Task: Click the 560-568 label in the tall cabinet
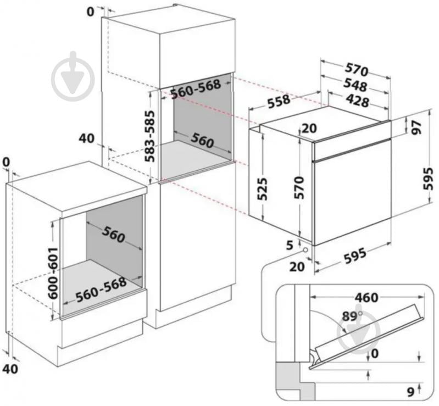195,90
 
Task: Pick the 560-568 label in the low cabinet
102,290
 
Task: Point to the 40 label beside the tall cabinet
87,138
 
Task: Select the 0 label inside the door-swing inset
375,354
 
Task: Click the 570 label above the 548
356,70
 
